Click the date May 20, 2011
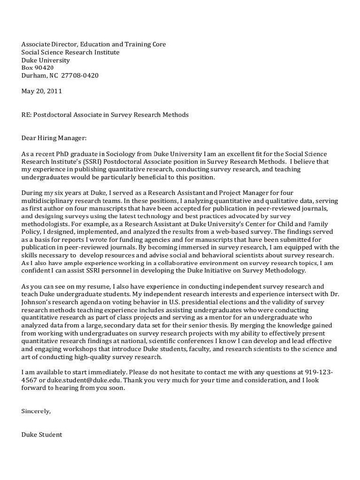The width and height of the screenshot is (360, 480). click(41, 91)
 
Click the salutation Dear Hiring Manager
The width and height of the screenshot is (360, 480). click(54, 138)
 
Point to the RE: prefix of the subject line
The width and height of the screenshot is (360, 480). click(26, 115)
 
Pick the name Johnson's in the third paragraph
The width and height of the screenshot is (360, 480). click(37, 302)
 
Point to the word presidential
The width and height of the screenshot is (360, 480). click(199, 302)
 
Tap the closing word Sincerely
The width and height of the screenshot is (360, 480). click(36, 411)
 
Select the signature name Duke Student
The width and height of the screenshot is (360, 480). click(42, 435)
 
